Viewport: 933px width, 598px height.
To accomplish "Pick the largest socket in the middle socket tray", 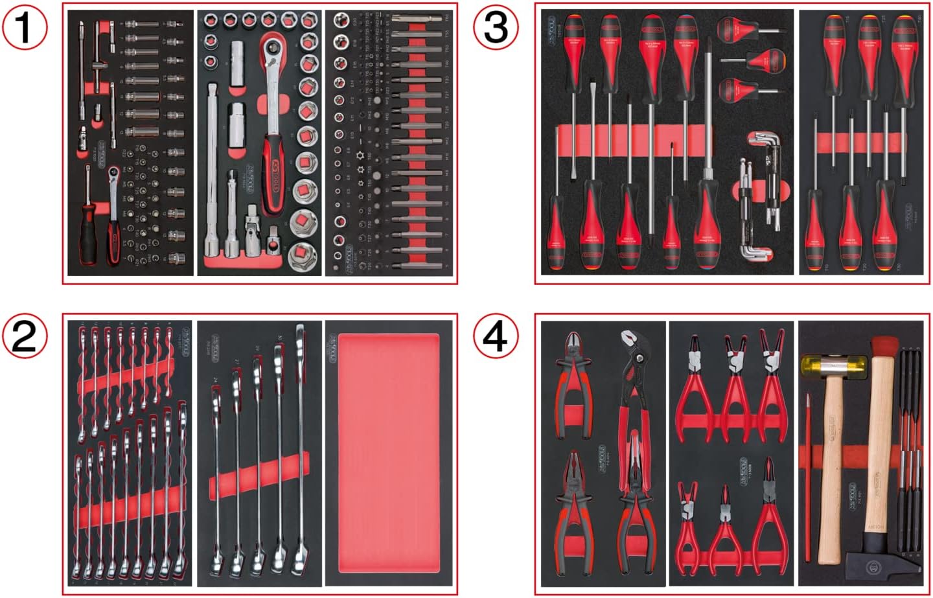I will (x=302, y=255).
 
